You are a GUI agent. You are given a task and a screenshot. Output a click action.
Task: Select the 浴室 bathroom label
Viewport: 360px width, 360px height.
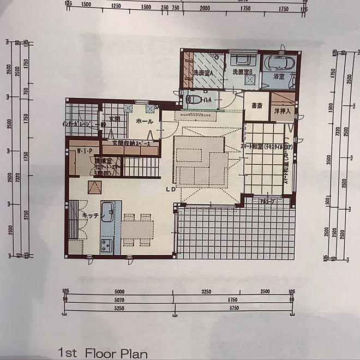coord(278,77)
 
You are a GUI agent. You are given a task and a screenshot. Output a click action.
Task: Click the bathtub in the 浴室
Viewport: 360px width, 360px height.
coord(279,62)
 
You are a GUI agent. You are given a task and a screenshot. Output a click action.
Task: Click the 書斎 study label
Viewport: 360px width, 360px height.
coord(254,105)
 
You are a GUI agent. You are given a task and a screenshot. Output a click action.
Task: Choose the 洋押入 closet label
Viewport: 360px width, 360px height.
coord(283,111)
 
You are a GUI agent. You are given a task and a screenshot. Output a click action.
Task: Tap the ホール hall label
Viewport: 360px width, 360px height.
coord(144,121)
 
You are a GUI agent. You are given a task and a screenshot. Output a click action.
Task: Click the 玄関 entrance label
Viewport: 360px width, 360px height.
coord(113,118)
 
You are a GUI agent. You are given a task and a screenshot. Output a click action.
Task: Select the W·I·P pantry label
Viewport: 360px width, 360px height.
coord(84,151)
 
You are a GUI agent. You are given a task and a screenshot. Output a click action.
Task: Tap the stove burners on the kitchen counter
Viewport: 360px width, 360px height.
coord(106,244)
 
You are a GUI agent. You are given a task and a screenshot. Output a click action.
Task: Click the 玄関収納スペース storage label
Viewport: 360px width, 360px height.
coord(131,143)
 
